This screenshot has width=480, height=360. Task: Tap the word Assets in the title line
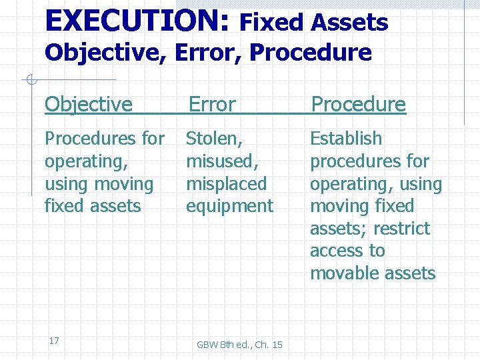351,23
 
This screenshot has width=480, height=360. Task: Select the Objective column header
89,104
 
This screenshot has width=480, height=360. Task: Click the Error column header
212,104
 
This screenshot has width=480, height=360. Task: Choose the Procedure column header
359,104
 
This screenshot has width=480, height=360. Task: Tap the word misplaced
226,184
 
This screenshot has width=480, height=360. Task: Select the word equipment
229,206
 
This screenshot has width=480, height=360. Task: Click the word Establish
346,139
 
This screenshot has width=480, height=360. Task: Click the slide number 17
54,341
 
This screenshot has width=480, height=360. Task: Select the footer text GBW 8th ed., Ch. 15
239,345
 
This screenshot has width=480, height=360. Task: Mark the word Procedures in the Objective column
83,139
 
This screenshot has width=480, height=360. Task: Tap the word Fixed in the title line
272,23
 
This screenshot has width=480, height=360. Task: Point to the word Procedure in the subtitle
310,52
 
